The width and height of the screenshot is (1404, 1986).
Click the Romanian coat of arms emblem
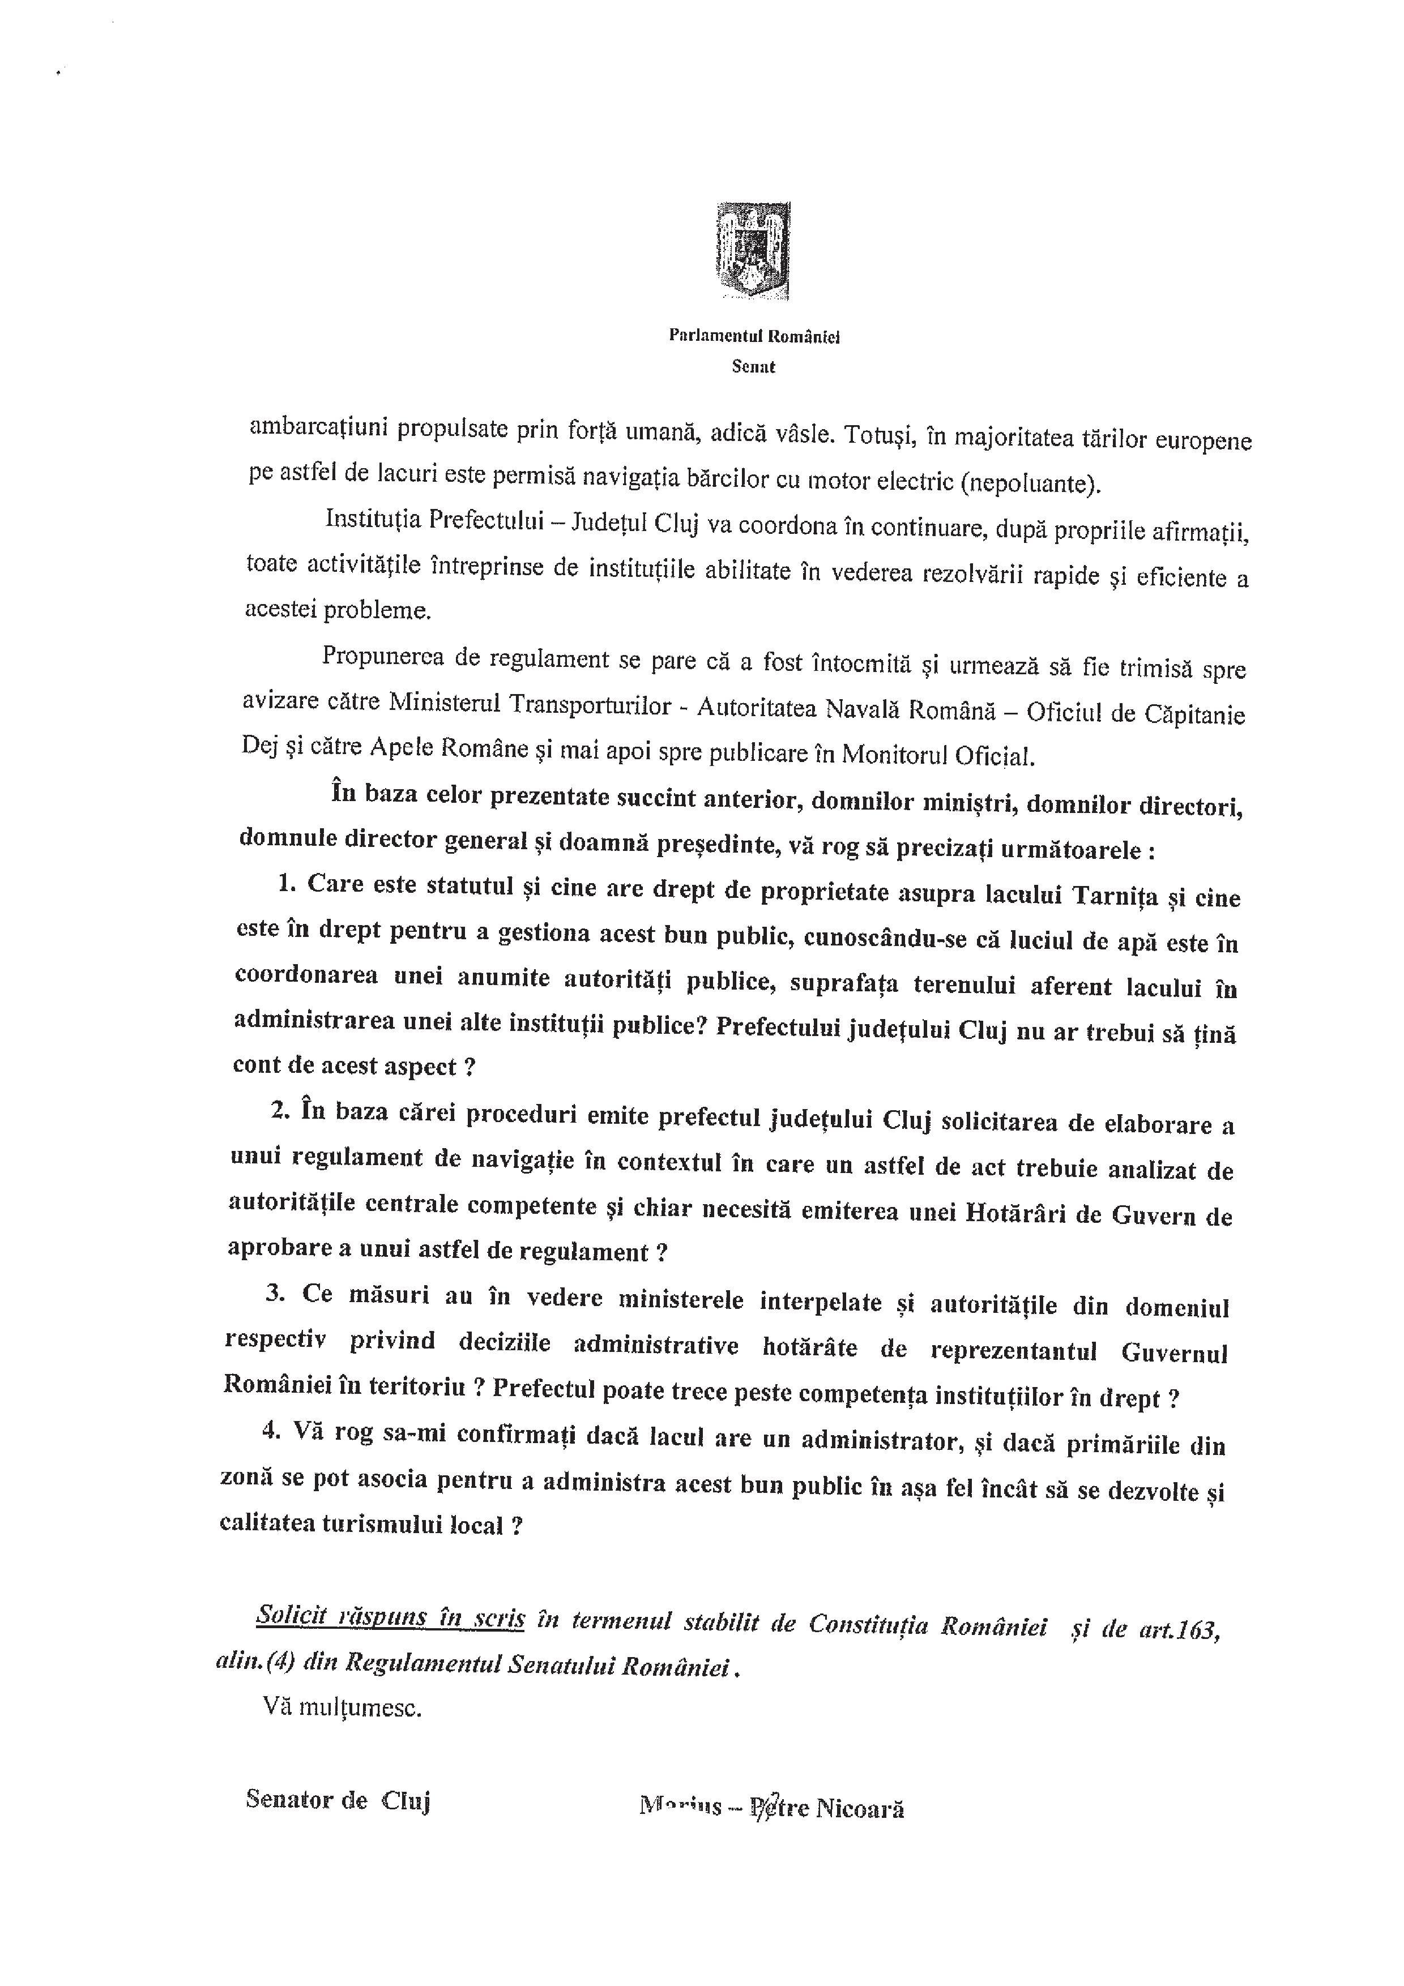(753, 251)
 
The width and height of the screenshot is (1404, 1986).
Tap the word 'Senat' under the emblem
(753, 367)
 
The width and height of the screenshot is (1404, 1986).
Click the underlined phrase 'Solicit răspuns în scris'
(390, 1616)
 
